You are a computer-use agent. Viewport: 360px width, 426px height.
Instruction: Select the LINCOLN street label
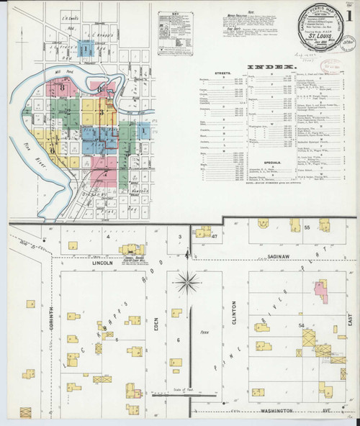[102, 263]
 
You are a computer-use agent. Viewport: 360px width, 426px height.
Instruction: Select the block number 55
[306, 227]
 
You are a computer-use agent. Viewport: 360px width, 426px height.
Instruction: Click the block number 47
[215, 235]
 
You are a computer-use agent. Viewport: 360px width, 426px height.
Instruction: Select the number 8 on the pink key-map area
[63, 88]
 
